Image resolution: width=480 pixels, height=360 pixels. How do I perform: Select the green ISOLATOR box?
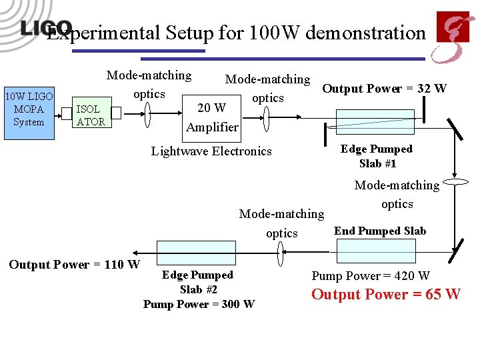tap(90, 115)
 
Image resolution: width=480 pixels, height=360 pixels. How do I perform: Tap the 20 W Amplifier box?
tap(212, 117)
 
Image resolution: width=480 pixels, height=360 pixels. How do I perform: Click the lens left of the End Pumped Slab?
tap(281, 253)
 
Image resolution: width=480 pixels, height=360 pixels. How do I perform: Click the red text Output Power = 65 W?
tap(385, 294)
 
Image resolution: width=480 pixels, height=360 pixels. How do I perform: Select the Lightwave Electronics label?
tap(211, 151)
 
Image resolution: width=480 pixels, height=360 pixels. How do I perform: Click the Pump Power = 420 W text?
tap(371, 275)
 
